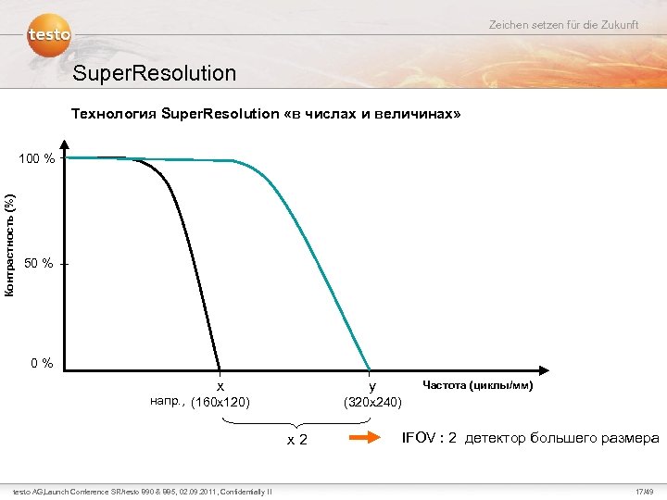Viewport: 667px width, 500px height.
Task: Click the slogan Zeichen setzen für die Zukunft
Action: pyautogui.click(x=563, y=24)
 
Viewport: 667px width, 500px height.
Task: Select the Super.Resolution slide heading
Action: pyautogui.click(x=154, y=72)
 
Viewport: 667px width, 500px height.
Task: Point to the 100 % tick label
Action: pyautogui.click(x=36, y=159)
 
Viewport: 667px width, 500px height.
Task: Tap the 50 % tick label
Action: pyautogui.click(x=38, y=265)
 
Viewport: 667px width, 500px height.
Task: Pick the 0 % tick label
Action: pyautogui.click(x=42, y=362)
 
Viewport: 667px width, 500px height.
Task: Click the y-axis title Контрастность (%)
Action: pyautogui.click(x=9, y=245)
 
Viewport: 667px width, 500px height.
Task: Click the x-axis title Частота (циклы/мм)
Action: pyautogui.click(x=477, y=385)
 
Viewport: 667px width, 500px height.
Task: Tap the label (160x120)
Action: pyautogui.click(x=220, y=402)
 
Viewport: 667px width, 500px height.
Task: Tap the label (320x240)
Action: pyautogui.click(x=372, y=402)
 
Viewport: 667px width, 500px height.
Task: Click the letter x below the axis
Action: pyautogui.click(x=220, y=385)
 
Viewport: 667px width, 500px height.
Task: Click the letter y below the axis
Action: pyautogui.click(x=371, y=385)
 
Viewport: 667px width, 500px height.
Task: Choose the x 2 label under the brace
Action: pyautogui.click(x=296, y=439)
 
